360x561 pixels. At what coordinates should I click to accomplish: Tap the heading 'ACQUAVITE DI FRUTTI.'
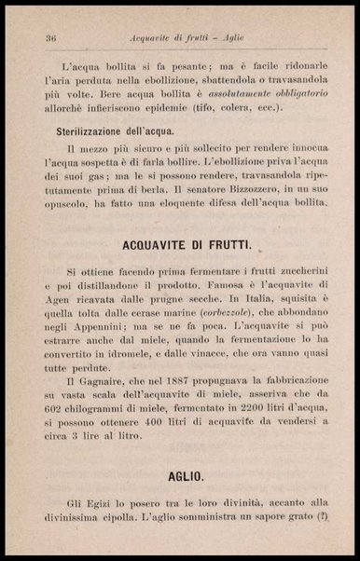click(x=187, y=242)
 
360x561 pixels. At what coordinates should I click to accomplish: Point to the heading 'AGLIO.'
click(x=187, y=476)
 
